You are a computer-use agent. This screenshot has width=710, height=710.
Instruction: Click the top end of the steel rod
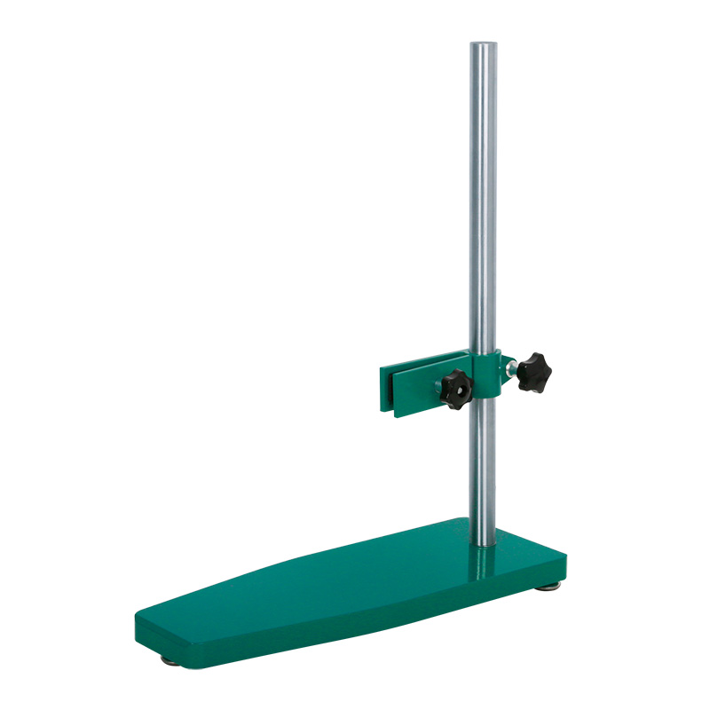tap(483, 44)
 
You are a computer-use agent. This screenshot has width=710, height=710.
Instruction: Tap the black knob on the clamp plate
tap(455, 389)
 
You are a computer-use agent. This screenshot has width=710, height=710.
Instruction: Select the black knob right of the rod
tap(534, 370)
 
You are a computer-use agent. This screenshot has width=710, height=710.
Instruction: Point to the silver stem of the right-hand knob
tap(511, 366)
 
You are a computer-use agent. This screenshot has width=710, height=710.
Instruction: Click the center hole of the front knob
tap(455, 389)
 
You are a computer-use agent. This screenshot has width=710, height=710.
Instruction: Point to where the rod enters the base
tap(483, 543)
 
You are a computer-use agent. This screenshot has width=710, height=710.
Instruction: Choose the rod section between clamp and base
tap(483, 470)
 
